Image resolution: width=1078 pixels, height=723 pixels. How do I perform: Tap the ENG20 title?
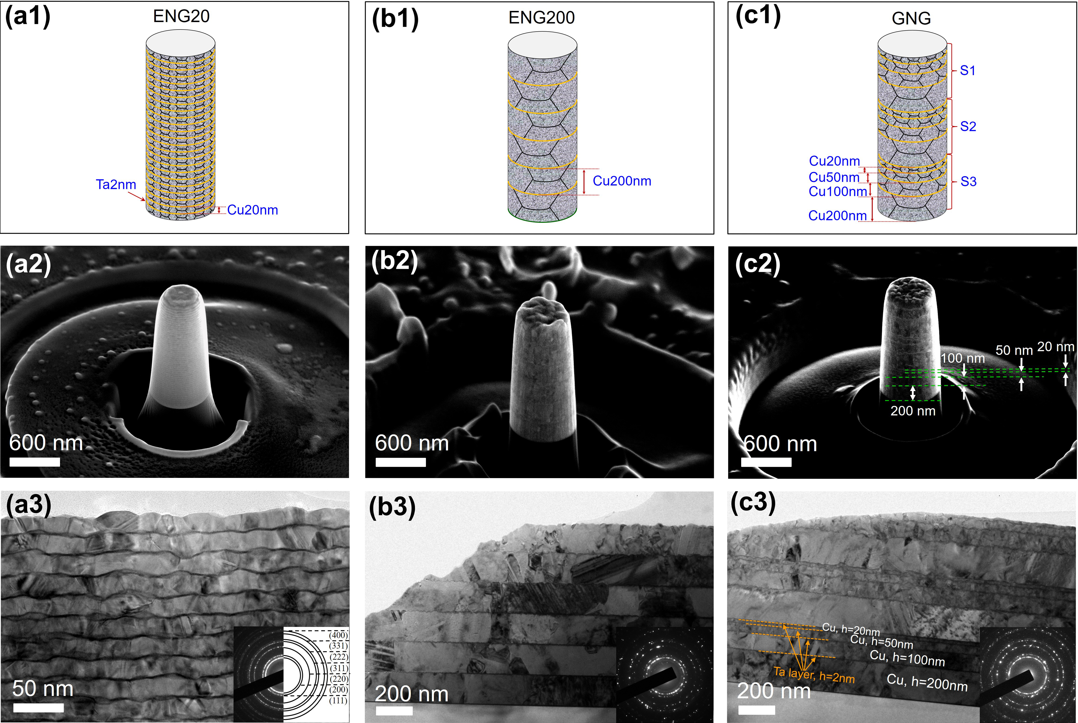(x=181, y=16)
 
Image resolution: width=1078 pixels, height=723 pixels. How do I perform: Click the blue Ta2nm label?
(x=116, y=184)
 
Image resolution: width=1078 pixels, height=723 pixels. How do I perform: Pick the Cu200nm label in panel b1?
(x=622, y=181)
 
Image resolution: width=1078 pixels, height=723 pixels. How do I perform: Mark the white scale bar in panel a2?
(x=35, y=462)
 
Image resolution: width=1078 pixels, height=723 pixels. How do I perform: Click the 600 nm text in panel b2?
(x=411, y=443)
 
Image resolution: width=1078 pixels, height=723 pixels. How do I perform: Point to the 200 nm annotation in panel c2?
(x=912, y=411)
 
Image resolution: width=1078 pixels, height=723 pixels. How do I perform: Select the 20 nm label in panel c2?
(x=1055, y=347)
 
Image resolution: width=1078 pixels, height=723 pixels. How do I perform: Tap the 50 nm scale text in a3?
(x=43, y=689)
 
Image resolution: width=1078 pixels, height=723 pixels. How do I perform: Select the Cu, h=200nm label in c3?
(x=927, y=682)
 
